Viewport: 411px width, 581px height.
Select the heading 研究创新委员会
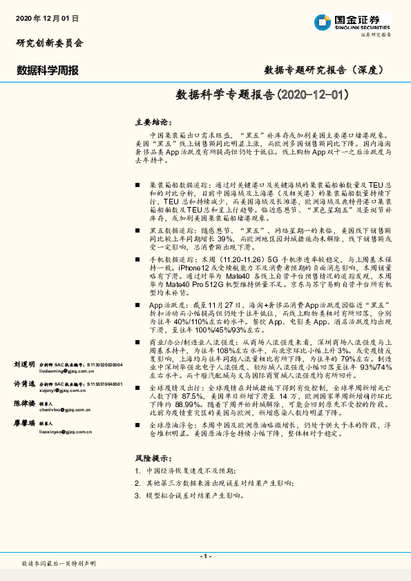(x=50, y=43)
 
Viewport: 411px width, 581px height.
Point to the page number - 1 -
(x=205, y=556)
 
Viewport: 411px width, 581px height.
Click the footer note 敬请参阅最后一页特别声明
(x=59, y=564)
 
